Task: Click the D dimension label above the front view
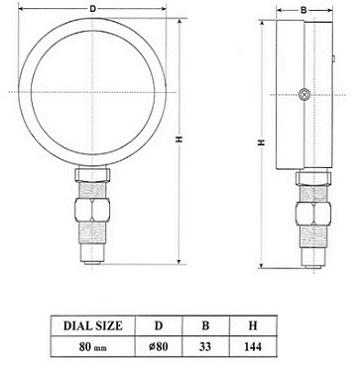click(93, 9)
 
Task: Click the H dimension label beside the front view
click(177, 141)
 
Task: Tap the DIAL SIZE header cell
click(95, 325)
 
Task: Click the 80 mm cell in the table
click(95, 349)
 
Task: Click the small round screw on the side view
click(303, 96)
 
